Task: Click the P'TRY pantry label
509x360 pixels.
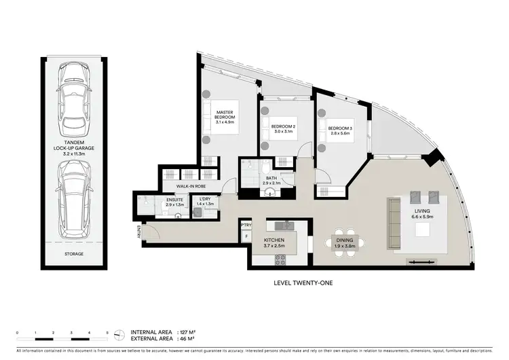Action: pos(246,226)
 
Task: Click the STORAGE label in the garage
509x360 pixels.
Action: pos(74,254)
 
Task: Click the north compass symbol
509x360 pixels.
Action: pos(120,335)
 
